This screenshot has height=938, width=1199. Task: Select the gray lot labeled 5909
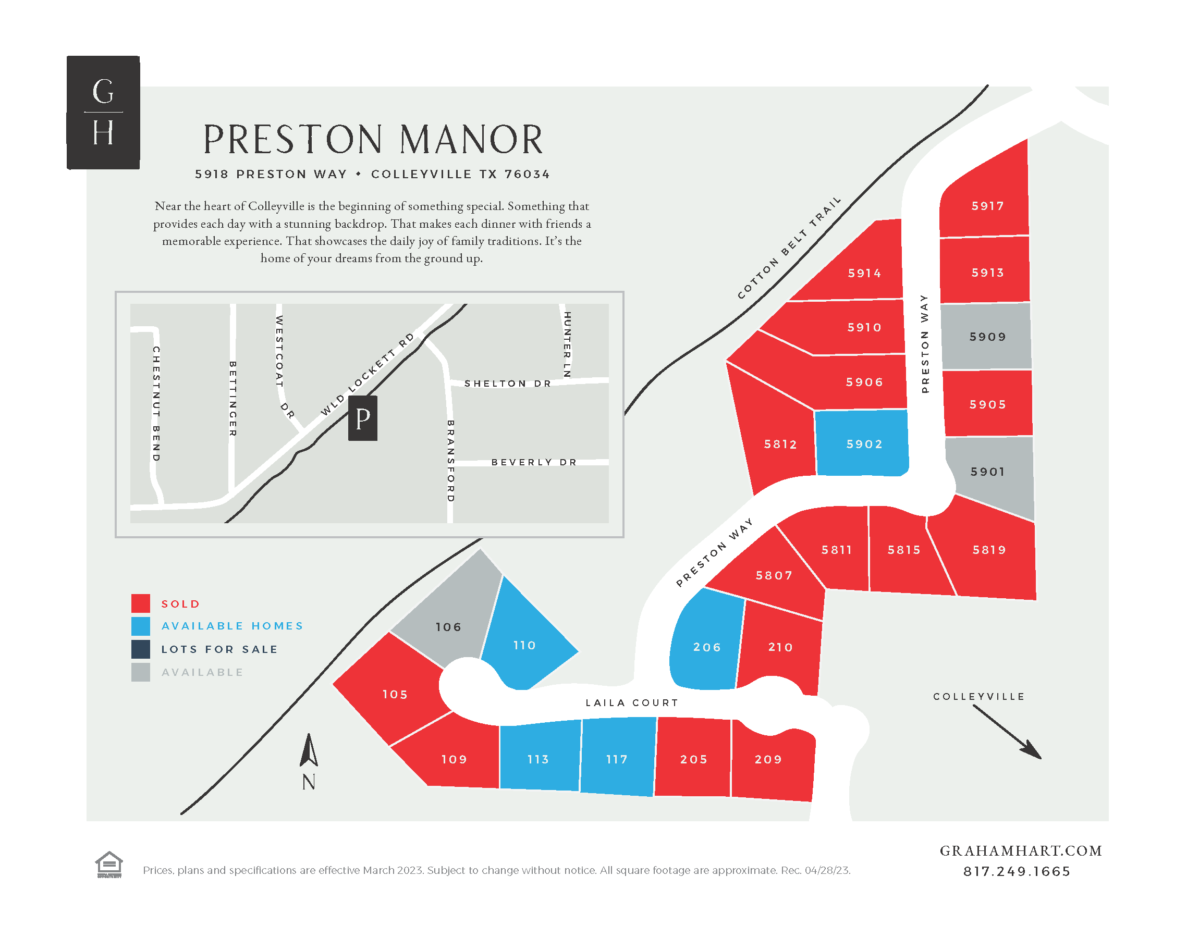click(x=986, y=337)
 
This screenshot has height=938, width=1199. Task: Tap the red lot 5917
click(x=986, y=206)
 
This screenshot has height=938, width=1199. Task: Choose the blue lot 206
click(x=706, y=647)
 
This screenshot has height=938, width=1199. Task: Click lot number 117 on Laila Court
click(x=617, y=759)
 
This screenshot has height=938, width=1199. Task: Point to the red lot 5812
click(x=779, y=444)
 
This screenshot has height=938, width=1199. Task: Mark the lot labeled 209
click(x=768, y=759)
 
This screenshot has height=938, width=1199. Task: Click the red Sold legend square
click(x=141, y=603)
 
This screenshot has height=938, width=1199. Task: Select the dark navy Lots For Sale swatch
click(x=141, y=649)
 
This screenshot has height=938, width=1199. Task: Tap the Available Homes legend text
click(x=233, y=626)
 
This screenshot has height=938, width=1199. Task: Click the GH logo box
click(x=103, y=113)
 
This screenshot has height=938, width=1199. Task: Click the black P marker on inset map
click(x=362, y=418)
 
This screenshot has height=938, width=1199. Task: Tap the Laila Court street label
click(x=632, y=702)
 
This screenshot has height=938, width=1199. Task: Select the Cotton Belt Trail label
click(x=789, y=248)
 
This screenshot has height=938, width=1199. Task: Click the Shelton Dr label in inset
click(x=508, y=384)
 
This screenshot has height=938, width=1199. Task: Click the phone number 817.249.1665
click(x=1016, y=871)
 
